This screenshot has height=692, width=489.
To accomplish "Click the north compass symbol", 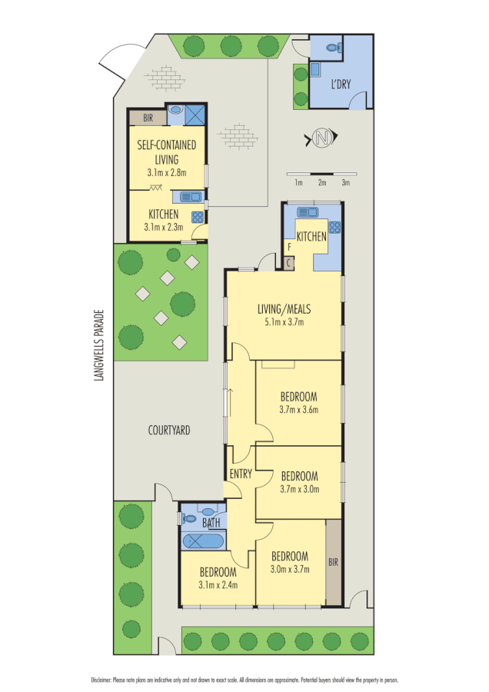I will [x=321, y=138].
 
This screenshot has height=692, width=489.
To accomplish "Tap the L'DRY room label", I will [x=341, y=85].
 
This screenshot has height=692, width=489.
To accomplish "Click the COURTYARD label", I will [x=169, y=431].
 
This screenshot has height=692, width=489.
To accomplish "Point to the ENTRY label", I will [x=240, y=474].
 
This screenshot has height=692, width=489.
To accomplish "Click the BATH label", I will [x=211, y=523].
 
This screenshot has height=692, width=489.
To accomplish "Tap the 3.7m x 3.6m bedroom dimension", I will [x=299, y=410].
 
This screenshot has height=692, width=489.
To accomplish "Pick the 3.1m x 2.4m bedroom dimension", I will [x=218, y=584].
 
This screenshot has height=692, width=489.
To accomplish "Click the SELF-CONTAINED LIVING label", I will [x=166, y=151].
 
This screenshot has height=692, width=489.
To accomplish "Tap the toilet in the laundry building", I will [x=333, y=48].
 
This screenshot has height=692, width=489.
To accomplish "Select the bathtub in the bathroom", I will [x=202, y=541].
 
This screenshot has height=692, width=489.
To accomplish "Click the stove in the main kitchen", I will [x=334, y=227].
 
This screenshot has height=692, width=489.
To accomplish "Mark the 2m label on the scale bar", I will [x=322, y=183].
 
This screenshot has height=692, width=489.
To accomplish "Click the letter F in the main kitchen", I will [x=288, y=248].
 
